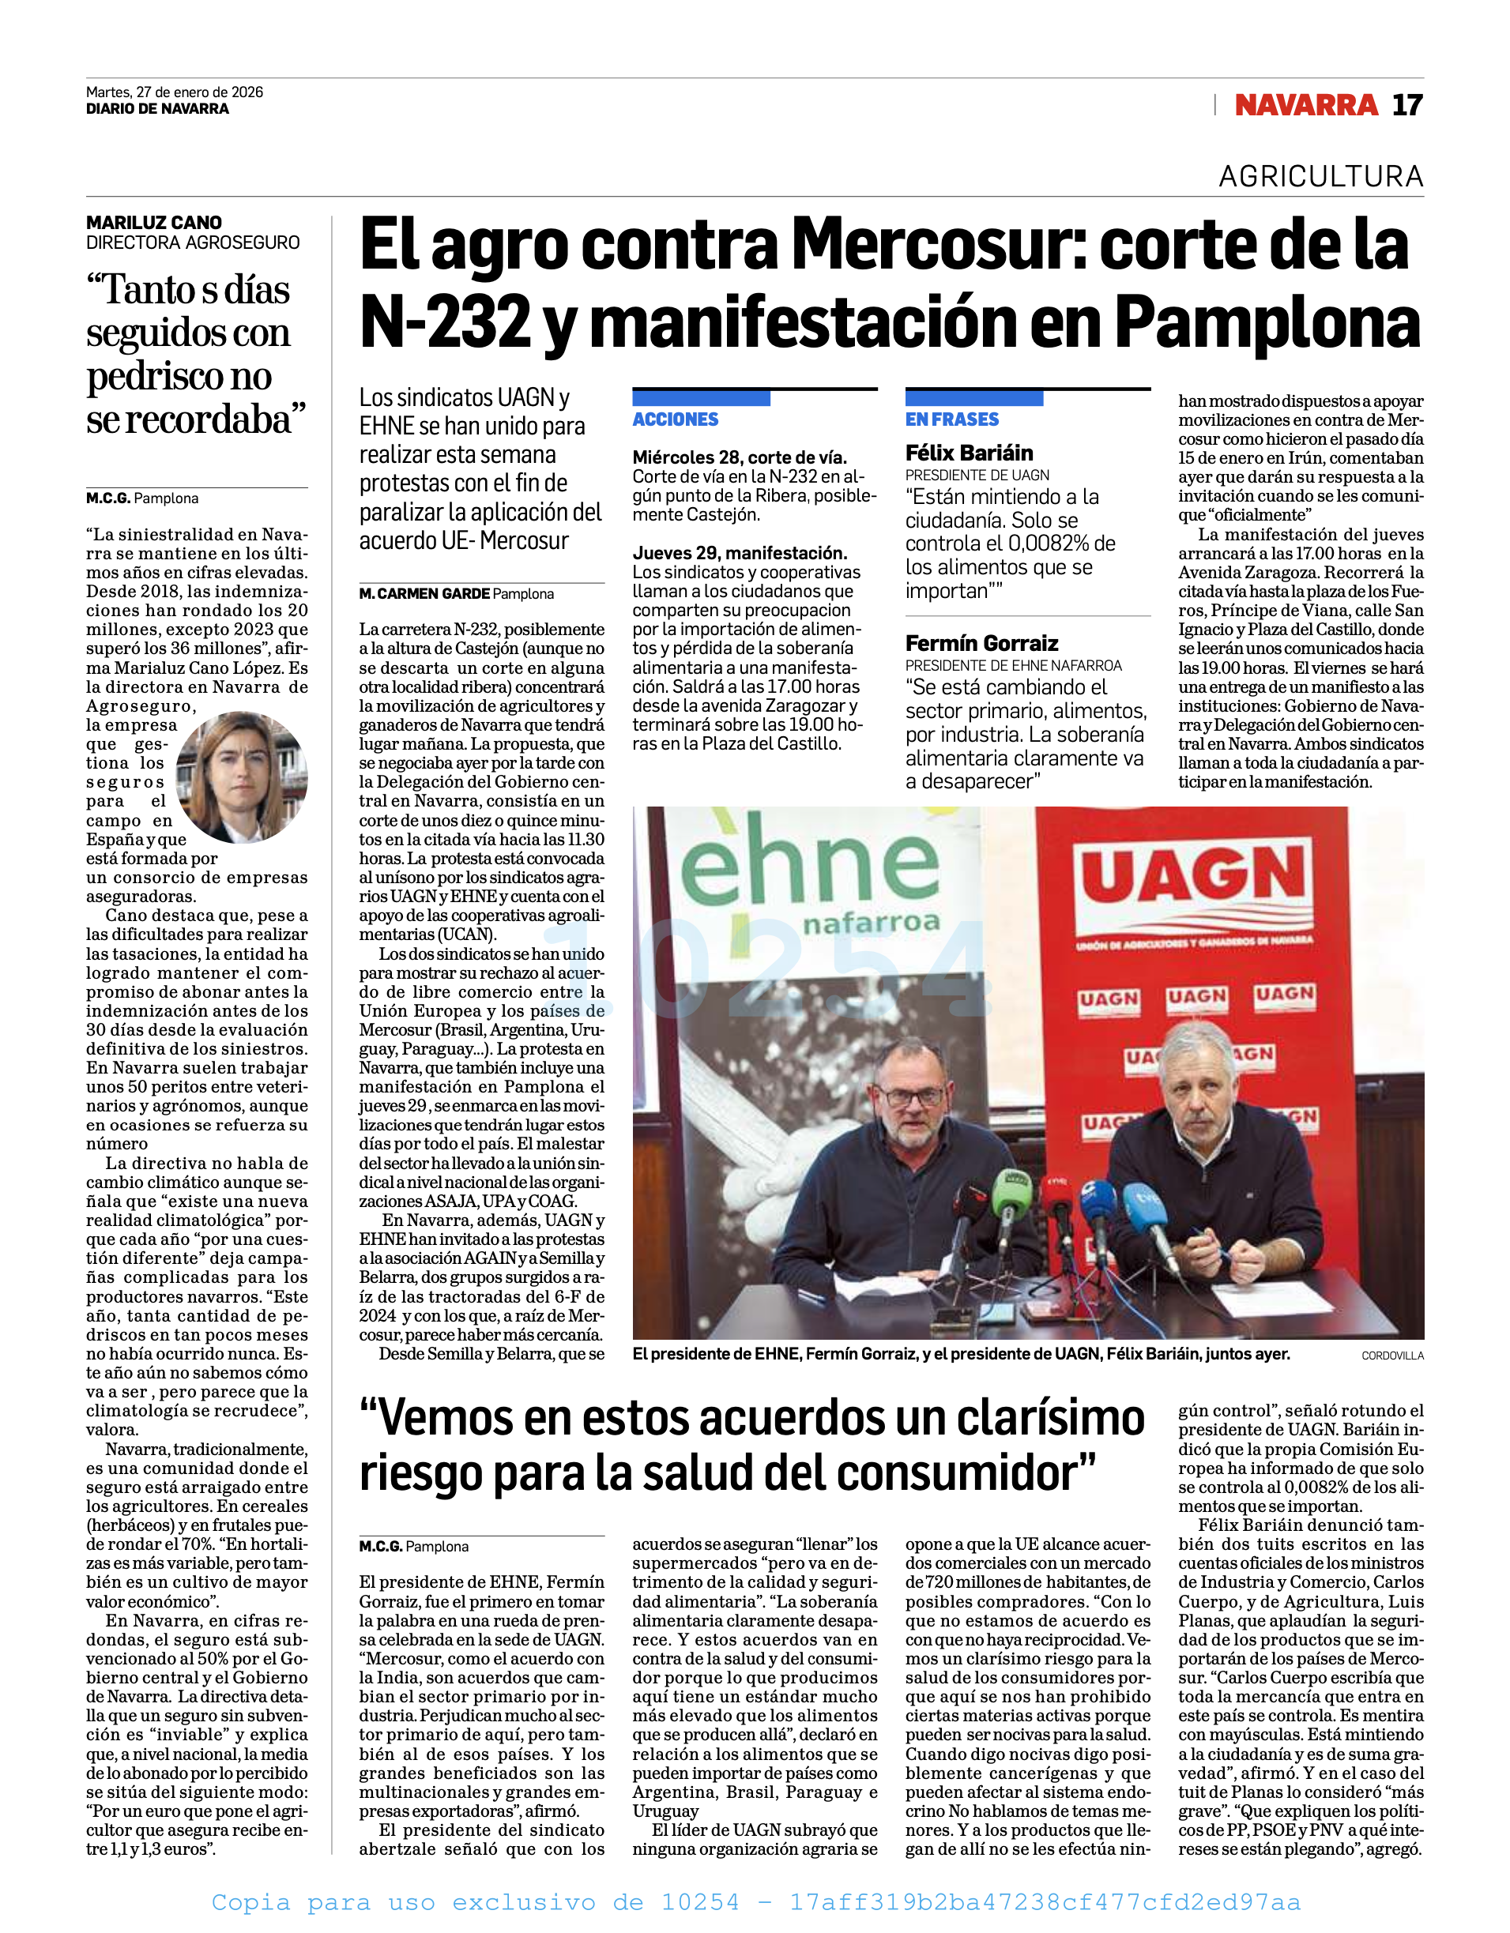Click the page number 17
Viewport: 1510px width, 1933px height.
(1407, 105)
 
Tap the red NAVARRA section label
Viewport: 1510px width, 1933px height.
(1305, 105)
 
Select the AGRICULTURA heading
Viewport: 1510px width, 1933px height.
(1320, 177)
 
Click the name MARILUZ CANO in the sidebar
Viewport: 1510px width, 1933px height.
(154, 223)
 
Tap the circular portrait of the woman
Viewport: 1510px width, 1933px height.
(242, 777)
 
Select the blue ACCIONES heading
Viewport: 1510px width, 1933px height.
(676, 419)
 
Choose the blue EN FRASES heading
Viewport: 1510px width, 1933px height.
(951, 419)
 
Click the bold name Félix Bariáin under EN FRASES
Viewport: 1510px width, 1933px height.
(970, 453)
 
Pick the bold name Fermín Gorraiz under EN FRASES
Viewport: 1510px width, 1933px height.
(981, 644)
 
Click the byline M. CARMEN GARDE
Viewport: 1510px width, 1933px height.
(424, 594)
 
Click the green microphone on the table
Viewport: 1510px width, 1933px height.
(1011, 1190)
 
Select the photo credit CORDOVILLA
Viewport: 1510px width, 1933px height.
(1392, 1355)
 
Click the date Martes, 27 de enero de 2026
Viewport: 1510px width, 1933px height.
(175, 92)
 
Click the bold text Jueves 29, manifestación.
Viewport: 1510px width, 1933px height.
(740, 553)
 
